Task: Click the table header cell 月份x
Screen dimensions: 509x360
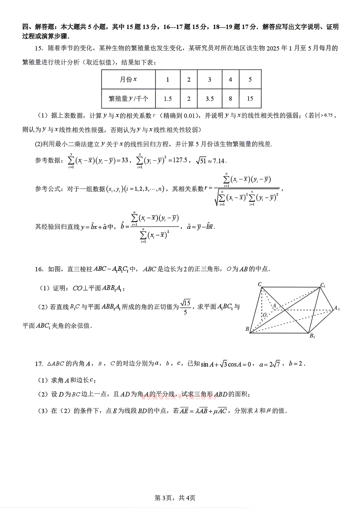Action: point(128,80)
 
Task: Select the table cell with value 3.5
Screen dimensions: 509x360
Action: point(209,98)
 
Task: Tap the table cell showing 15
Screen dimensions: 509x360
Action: point(250,98)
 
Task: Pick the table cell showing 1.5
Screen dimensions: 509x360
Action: point(168,98)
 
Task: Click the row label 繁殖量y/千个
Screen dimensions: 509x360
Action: point(128,98)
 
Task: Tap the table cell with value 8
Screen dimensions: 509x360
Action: point(230,98)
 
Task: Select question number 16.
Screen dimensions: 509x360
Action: point(39,269)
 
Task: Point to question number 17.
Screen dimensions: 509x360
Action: point(39,364)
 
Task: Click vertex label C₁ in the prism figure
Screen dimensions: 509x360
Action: point(323,285)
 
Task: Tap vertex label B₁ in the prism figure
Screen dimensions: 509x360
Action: point(312,336)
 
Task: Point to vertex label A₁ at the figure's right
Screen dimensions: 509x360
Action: point(337,308)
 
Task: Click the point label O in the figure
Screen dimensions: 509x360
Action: point(265,315)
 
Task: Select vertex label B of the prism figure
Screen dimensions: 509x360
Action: point(247,329)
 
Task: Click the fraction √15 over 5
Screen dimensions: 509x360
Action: point(185,307)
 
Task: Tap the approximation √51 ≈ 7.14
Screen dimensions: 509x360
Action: point(211,160)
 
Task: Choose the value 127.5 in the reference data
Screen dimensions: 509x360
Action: point(180,160)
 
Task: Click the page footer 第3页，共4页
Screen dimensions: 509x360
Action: point(175,498)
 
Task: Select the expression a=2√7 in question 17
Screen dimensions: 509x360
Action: point(270,364)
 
